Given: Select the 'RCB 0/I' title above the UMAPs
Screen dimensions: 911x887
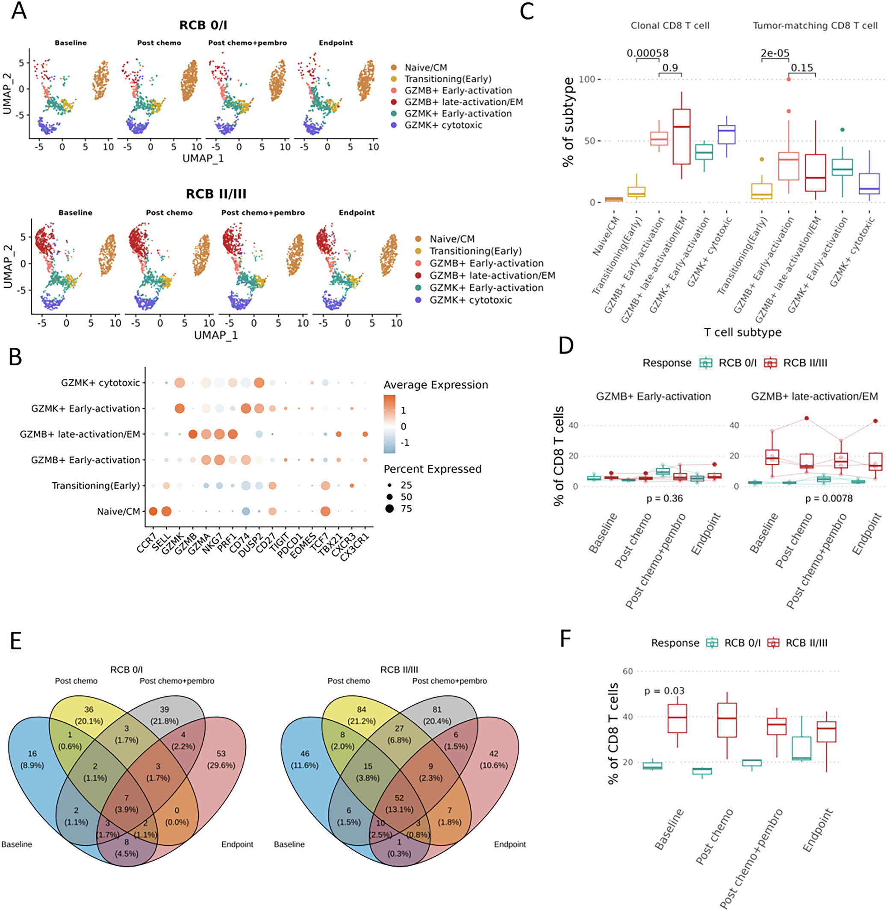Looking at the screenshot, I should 203,25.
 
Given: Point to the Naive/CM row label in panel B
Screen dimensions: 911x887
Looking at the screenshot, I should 118,512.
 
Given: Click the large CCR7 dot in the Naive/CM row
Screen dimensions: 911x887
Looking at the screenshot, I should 153,512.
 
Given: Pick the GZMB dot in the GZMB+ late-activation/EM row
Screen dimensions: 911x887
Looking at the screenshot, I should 192,434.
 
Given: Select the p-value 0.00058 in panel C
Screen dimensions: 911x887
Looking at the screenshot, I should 648,53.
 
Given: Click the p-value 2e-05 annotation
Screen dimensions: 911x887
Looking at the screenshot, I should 775,53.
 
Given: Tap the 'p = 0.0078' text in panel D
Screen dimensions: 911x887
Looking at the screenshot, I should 829,498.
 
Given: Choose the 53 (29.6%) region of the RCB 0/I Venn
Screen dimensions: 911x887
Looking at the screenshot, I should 221,759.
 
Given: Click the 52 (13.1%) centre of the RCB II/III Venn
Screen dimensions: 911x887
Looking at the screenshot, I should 399,803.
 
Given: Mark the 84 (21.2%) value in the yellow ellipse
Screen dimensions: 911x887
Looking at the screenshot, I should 362,715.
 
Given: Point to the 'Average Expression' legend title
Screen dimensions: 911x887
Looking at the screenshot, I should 436,385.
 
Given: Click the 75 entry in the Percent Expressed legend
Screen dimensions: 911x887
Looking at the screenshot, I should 406,509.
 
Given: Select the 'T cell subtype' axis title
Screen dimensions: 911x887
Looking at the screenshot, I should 743,332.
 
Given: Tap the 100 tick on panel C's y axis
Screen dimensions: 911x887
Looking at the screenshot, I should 586,79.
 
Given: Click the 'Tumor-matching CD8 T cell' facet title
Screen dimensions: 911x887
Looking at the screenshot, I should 815,26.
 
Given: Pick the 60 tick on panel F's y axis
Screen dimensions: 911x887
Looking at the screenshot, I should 628,671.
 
